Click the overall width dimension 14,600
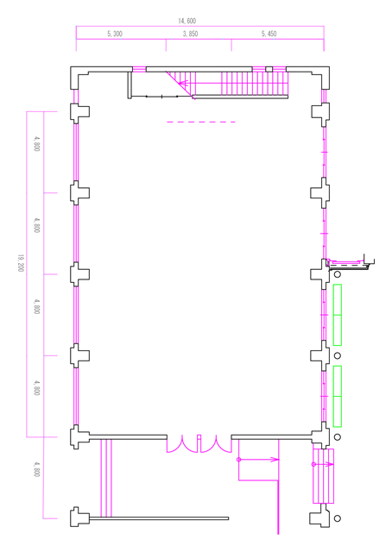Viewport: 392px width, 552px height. [x=187, y=21]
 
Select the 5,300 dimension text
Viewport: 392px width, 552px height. [x=115, y=34]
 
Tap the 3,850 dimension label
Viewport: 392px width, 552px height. [x=190, y=34]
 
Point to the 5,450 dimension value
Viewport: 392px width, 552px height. [x=269, y=34]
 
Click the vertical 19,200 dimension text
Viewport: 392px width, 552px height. [x=21, y=262]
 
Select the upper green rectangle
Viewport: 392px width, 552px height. [x=338, y=315]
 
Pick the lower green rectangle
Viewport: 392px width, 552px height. [x=338, y=397]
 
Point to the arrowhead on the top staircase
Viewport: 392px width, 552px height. [x=183, y=84]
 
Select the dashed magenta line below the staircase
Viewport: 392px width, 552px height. [x=201, y=122]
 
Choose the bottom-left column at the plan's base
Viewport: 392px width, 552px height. [x=79, y=517]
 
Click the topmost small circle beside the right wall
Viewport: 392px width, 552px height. [x=338, y=274]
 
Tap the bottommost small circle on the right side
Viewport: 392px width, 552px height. [x=338, y=518]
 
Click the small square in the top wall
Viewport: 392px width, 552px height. [x=269, y=69]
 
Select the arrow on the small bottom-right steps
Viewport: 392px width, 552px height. [x=323, y=464]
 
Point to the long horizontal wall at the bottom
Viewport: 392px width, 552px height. [x=159, y=518]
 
